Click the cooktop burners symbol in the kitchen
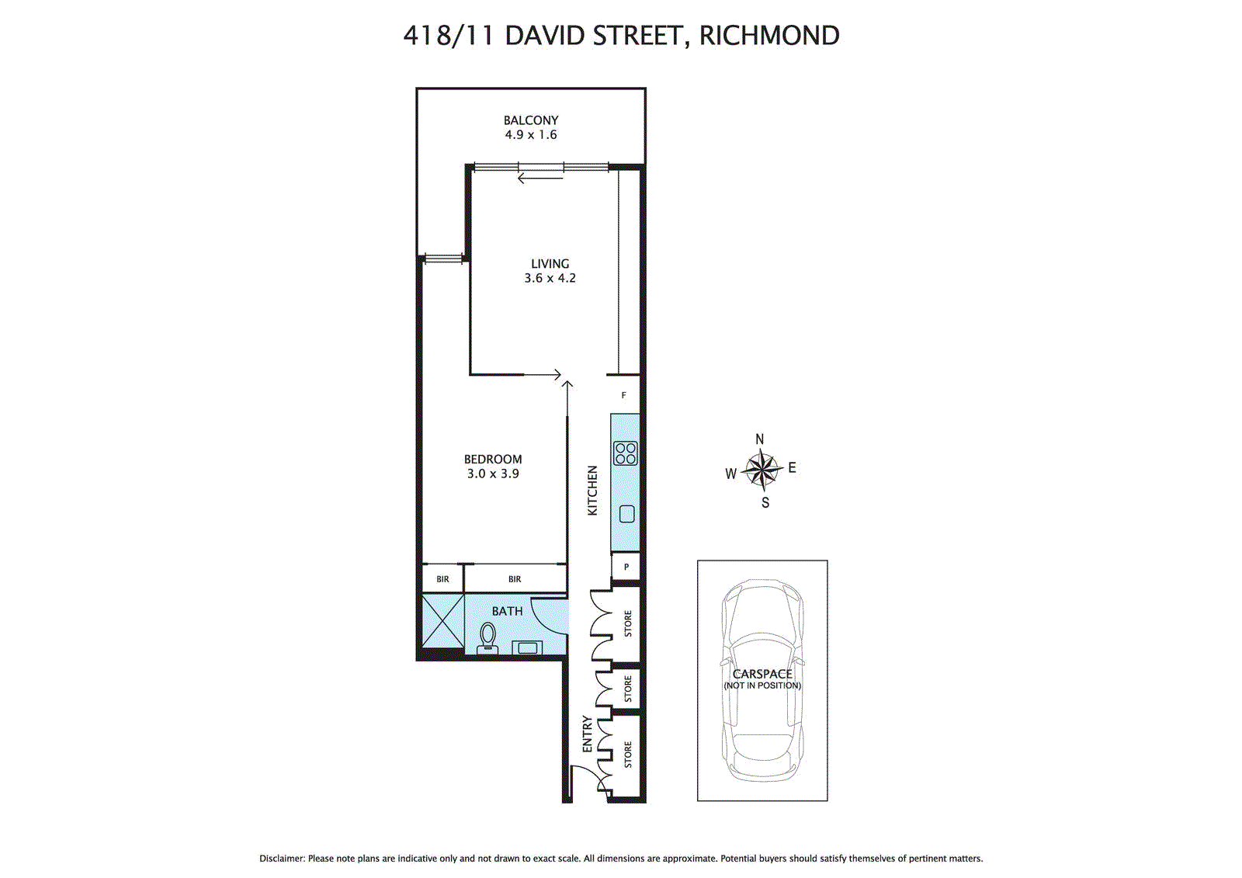coord(626,453)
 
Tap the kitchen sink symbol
coord(627,513)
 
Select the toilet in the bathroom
coord(488,637)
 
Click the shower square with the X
coord(442,620)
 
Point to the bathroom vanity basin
coord(529,647)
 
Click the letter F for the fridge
coord(623,395)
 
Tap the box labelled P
coord(626,567)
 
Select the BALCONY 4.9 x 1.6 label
coord(531,127)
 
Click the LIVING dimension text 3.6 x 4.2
coord(550,278)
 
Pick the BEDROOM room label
coord(493,459)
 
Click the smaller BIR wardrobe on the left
coord(442,579)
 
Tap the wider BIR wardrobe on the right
coord(515,579)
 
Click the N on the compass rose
coord(760,439)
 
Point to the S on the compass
coord(765,503)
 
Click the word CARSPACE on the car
coord(762,674)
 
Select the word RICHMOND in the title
coord(768,36)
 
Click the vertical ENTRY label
coord(588,734)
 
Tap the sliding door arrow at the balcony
coord(539,179)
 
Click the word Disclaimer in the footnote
coord(282,859)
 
